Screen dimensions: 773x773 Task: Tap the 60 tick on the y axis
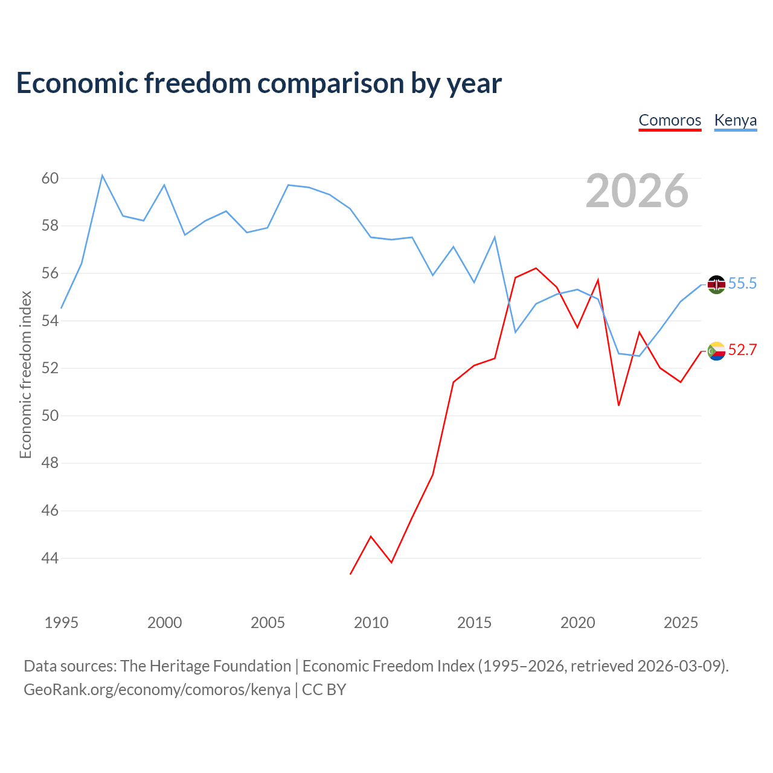click(50, 178)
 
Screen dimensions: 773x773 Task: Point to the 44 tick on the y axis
click(50, 558)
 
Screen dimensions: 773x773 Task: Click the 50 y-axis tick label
click(50, 415)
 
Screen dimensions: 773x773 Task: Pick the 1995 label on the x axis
click(62, 623)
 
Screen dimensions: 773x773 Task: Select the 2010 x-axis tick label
click(371, 623)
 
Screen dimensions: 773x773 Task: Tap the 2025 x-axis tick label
click(681, 623)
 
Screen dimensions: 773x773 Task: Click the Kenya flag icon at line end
click(716, 285)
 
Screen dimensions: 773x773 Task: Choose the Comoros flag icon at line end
click(716, 351)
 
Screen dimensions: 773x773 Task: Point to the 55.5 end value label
click(742, 284)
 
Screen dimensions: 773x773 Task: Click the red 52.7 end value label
click(742, 350)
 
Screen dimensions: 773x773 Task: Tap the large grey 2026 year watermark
click(637, 191)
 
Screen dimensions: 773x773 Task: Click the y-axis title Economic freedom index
click(26, 374)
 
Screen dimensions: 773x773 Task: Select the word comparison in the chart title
click(330, 83)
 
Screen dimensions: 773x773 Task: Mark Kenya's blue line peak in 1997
click(102, 175)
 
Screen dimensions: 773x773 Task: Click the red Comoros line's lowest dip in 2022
click(618, 406)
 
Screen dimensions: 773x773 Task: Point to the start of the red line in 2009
click(350, 574)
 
